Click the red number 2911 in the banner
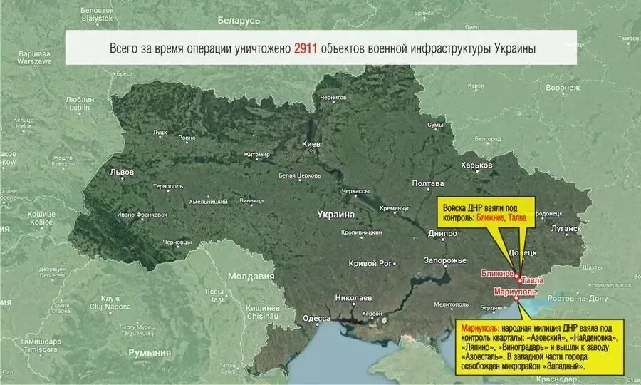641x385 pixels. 306,49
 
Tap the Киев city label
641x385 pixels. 312,144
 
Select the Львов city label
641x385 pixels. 122,172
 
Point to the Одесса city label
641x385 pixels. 316,319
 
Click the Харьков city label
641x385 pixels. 476,165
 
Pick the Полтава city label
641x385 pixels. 428,183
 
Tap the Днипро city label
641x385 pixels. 443,233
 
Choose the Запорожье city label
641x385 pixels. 445,260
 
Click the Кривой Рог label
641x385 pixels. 370,263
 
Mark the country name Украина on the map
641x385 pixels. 335,214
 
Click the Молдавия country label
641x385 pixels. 251,276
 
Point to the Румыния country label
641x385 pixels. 150,352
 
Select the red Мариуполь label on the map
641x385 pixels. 515,292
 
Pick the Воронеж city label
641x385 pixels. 563,88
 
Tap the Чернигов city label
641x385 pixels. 333,97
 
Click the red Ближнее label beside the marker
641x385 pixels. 496,274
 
